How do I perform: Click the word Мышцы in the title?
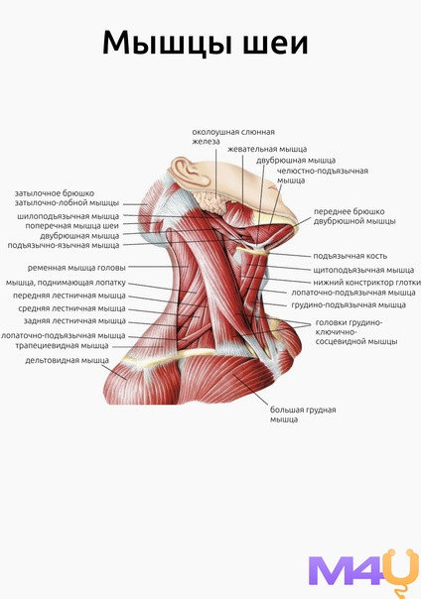(167, 44)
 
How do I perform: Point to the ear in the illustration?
(190, 173)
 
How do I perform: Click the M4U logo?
(363, 573)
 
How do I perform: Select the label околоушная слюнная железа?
(233, 137)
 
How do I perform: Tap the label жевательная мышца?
(267, 150)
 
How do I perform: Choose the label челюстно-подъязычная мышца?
(323, 176)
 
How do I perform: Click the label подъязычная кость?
(351, 256)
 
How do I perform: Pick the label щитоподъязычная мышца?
(363, 270)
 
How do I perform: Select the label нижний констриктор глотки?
(367, 283)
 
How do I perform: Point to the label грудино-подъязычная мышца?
(349, 305)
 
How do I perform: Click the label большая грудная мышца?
(303, 415)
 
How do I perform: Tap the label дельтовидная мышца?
(67, 360)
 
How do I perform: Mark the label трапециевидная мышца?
(62, 346)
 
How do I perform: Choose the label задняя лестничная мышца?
(74, 321)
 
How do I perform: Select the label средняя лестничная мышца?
(71, 308)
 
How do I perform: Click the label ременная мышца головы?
(76, 268)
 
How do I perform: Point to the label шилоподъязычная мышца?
(69, 216)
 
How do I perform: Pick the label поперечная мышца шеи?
(71, 226)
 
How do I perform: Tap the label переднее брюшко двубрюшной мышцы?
(354, 216)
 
